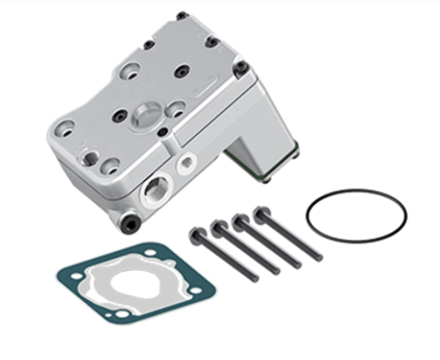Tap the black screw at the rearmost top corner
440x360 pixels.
click(182, 15)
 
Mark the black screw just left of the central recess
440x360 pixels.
click(119, 117)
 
